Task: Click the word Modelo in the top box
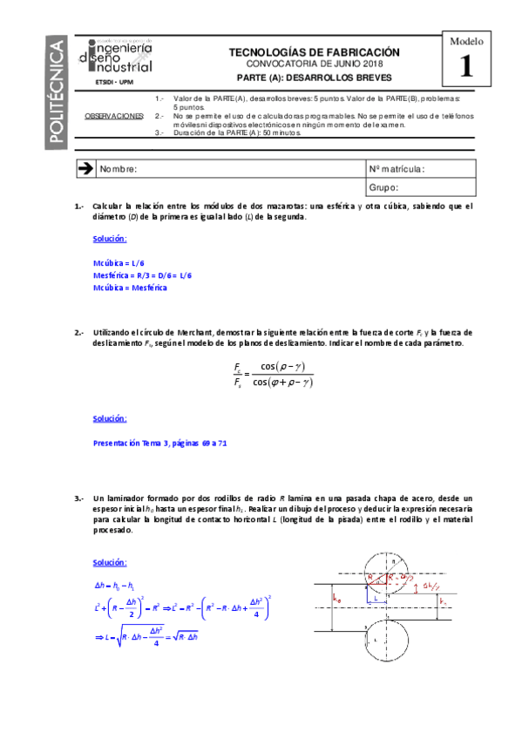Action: (x=467, y=40)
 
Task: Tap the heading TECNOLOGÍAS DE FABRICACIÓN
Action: (x=314, y=52)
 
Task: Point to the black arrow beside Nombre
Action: (x=85, y=168)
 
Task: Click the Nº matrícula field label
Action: (x=397, y=169)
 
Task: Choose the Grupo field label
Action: (x=384, y=186)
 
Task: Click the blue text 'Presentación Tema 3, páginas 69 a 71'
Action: (x=159, y=443)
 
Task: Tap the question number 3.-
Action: (x=78, y=498)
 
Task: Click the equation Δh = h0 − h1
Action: (x=118, y=586)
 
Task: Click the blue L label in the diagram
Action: (x=373, y=600)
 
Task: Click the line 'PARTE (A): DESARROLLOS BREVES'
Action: (x=314, y=78)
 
